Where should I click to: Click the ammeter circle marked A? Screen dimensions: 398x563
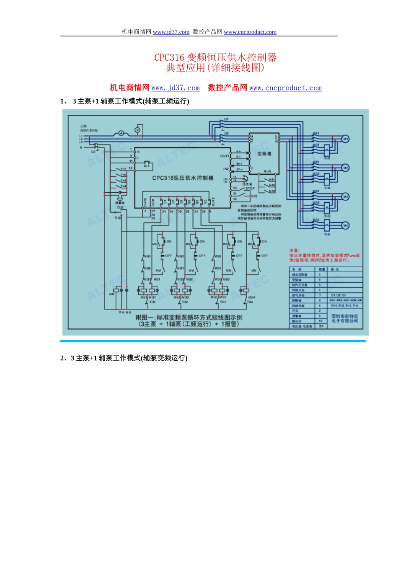pos(121,133)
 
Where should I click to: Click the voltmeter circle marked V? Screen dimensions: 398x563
pos(137,130)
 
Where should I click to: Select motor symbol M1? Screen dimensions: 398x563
pos(346,139)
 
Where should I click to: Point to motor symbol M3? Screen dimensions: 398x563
pos(346,196)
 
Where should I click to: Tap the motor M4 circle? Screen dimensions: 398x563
pos(346,225)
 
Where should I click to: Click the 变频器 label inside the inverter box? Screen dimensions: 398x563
pos(264,154)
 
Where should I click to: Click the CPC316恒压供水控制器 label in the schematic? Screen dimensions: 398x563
pos(183,178)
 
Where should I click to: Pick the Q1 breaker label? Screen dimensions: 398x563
pos(226,119)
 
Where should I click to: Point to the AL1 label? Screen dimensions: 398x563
pos(147,166)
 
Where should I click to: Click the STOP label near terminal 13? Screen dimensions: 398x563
pos(250,189)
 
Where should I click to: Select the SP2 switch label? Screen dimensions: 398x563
pos(254,196)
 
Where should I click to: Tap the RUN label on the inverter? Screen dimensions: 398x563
pos(267,171)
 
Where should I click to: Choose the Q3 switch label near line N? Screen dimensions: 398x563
pos(93,152)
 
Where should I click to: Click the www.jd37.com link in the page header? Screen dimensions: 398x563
pos(171,32)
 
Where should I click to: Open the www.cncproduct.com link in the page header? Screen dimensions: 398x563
pos(250,32)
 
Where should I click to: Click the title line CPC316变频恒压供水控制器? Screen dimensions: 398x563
pos(215,57)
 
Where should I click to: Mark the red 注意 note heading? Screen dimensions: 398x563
pos(294,251)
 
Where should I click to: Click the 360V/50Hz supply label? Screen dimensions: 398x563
pos(89,130)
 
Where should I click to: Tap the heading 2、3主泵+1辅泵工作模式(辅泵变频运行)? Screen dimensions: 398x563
pos(124,358)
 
